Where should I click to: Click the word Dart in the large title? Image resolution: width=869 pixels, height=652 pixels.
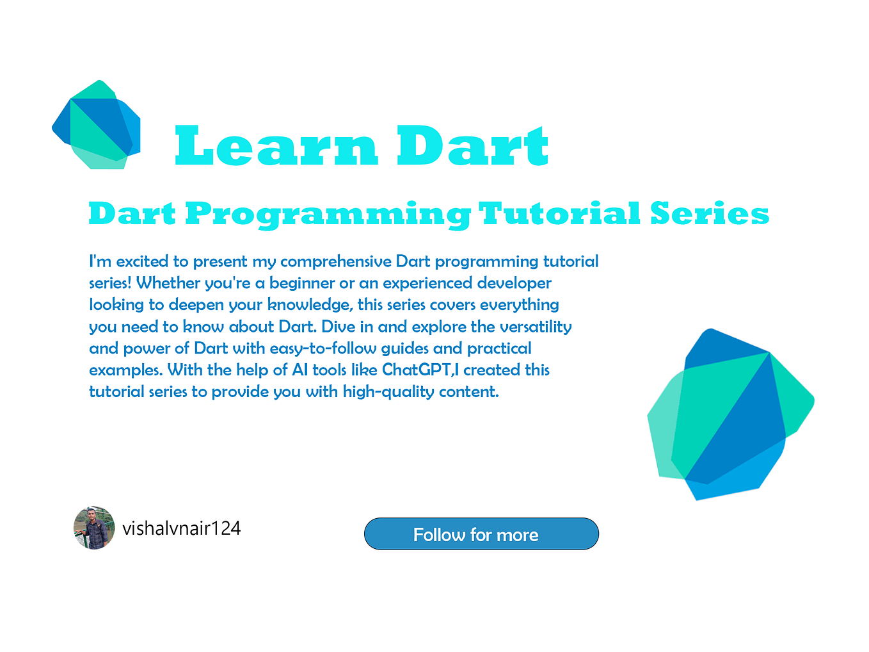(472, 146)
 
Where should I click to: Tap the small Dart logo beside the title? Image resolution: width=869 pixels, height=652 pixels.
(96, 125)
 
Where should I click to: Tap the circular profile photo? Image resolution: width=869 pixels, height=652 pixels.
(94, 528)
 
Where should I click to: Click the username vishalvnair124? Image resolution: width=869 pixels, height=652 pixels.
(181, 528)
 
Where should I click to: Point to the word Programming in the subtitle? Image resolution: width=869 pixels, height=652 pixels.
(328, 214)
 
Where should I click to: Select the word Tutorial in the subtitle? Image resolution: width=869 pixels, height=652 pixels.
(559, 214)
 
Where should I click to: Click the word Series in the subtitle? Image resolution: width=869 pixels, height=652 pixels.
(710, 214)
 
